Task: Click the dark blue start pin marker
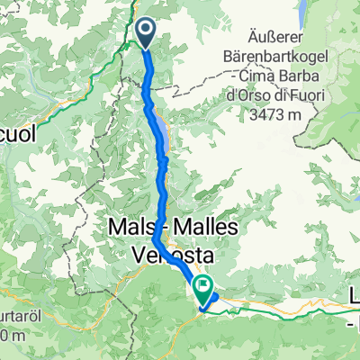[x=146, y=32]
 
